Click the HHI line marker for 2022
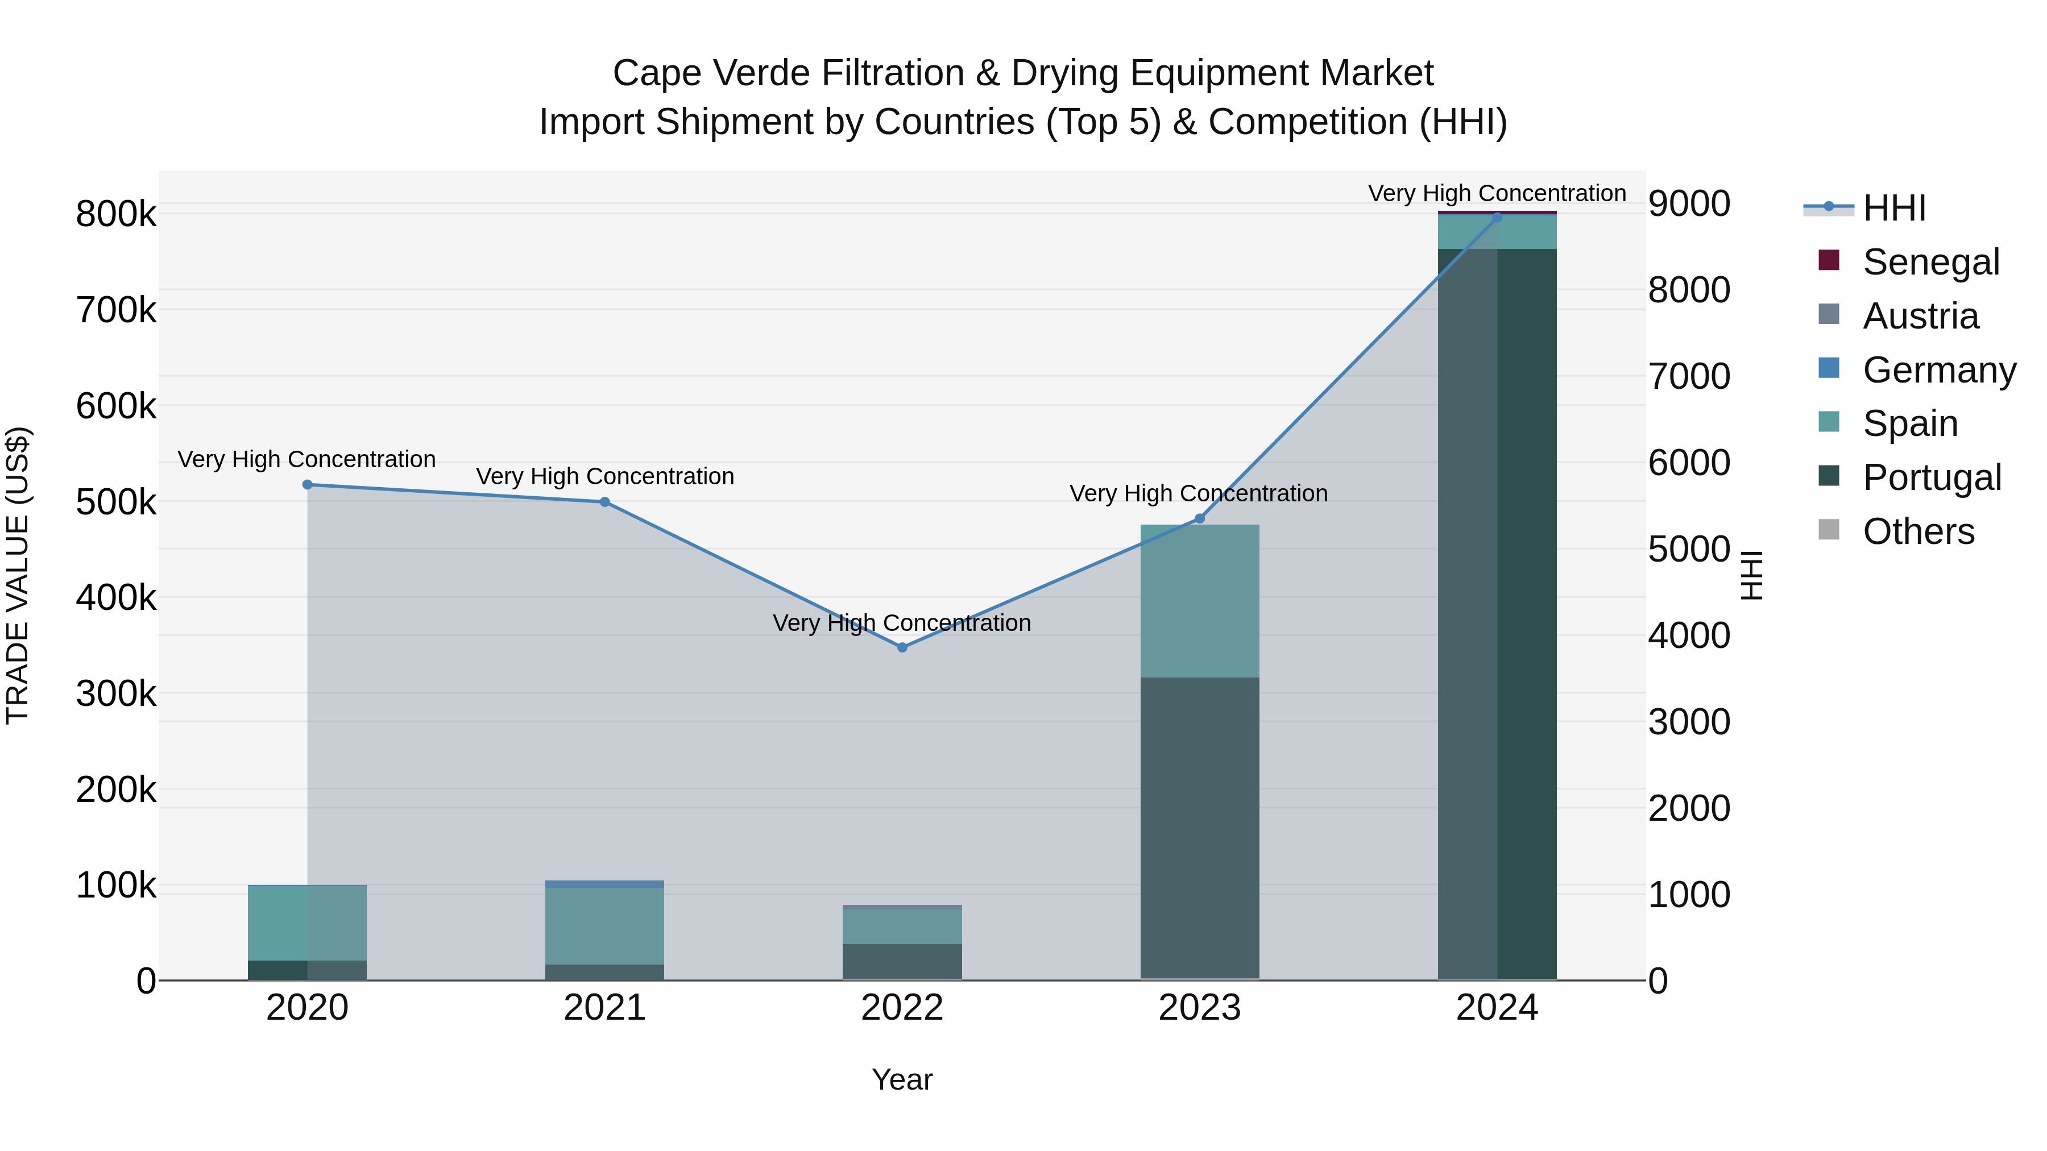tap(902, 647)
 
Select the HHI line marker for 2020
tap(308, 484)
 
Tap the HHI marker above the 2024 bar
tap(1497, 218)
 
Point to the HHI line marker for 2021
tap(605, 502)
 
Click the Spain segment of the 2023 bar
tap(1199, 601)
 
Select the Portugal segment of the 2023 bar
tap(1199, 826)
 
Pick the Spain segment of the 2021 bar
tap(605, 925)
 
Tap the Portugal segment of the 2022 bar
tap(902, 961)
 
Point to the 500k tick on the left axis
tap(116, 502)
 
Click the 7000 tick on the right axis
tap(1689, 376)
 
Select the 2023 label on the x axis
tap(1199, 1008)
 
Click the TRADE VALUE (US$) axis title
tap(18, 575)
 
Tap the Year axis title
tap(902, 1079)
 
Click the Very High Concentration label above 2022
tap(902, 623)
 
